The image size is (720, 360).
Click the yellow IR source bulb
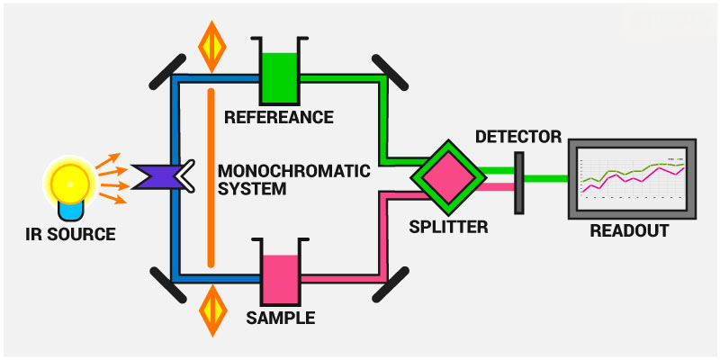pyautogui.click(x=69, y=180)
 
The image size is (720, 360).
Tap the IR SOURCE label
pyautogui.click(x=71, y=235)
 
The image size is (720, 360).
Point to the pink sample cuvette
pyautogui.click(x=280, y=278)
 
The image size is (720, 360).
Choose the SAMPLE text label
pyautogui.click(x=280, y=318)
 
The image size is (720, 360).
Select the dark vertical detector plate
pyautogui.click(x=519, y=183)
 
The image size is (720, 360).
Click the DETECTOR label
pyautogui.click(x=517, y=138)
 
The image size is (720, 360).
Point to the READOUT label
pyautogui.click(x=630, y=230)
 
